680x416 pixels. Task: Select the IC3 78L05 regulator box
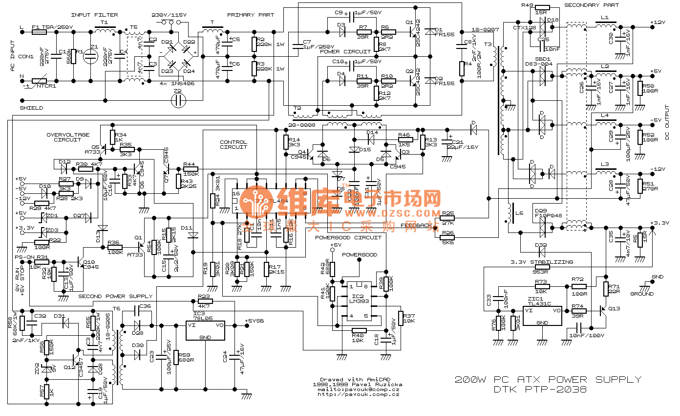pyautogui.click(x=205, y=331)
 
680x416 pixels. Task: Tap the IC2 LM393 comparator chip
pyautogui.click(x=359, y=301)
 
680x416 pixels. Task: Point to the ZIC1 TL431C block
pyautogui.click(x=542, y=316)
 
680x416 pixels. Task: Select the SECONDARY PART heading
pyautogui.click(x=592, y=5)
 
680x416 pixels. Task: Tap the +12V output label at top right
pyautogui.click(x=658, y=23)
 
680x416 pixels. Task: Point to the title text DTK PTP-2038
pyautogui.click(x=540, y=390)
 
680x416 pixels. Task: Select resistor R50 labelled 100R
pyautogui.click(x=640, y=88)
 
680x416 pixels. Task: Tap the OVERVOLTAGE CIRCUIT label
pyautogui.click(x=68, y=137)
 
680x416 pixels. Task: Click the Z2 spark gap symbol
pyautogui.click(x=178, y=100)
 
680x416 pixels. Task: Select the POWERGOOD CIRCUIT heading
pyautogui.click(x=348, y=238)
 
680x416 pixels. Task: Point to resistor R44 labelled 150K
pyautogui.click(x=191, y=169)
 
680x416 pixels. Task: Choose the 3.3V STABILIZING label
pyautogui.click(x=542, y=262)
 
